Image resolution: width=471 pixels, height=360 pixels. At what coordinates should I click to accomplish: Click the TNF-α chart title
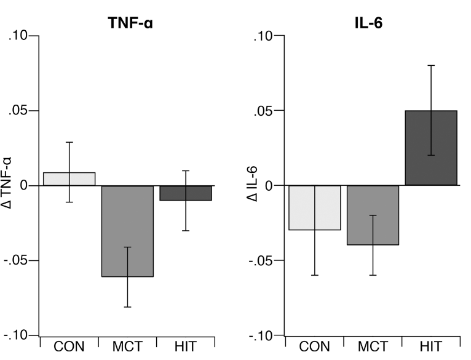[x=130, y=23]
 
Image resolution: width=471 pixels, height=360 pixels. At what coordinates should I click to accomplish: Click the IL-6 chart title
[x=368, y=23]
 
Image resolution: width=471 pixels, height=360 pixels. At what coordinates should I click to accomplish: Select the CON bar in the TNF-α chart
[x=69, y=179]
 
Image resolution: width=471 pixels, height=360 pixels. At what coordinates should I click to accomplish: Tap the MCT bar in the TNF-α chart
[x=127, y=231]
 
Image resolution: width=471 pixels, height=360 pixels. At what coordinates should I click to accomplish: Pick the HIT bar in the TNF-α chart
[x=186, y=193]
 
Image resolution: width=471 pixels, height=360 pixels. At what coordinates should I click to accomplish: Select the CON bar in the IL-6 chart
[x=315, y=208]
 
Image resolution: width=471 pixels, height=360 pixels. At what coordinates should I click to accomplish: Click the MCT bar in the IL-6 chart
[x=373, y=215]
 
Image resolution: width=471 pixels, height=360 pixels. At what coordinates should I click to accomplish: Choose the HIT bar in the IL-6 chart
[x=431, y=148]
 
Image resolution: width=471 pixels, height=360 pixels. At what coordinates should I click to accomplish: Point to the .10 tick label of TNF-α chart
[x=18, y=36]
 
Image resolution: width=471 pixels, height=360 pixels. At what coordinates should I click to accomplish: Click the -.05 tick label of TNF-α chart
[x=15, y=260]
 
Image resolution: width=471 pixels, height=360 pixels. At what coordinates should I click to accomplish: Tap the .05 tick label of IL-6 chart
[x=263, y=111]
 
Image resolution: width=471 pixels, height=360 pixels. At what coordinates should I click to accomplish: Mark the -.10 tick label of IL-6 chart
[x=261, y=335]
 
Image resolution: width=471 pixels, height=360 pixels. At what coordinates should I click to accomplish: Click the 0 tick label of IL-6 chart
[x=269, y=186]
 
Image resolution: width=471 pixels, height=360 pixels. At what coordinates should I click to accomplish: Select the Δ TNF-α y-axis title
[x=6, y=183]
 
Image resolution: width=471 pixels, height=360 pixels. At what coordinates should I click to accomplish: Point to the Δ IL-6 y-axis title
[x=251, y=184]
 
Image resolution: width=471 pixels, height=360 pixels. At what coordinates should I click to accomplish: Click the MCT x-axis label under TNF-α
[x=127, y=346]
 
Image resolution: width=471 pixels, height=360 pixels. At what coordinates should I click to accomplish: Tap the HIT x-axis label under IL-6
[x=431, y=346]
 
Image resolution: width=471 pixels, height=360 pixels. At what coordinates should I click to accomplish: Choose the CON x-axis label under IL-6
[x=314, y=346]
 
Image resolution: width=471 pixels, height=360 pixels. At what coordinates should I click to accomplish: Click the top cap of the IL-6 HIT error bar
[x=431, y=65]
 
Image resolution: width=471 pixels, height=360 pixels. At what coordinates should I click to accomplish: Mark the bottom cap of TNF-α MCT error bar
[x=127, y=307]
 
